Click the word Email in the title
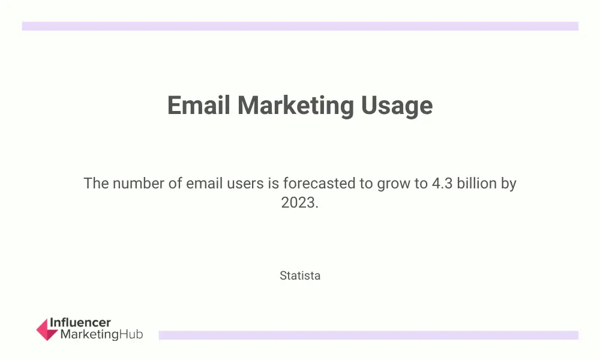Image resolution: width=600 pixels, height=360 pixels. point(199,105)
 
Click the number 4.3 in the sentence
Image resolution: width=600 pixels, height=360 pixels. point(442,183)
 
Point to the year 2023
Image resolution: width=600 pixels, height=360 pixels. point(299,202)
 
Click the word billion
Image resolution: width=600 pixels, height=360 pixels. point(477,183)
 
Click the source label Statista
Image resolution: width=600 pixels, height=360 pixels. point(300,275)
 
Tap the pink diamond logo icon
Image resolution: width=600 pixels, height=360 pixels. point(47,329)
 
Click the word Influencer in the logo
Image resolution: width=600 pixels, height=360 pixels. point(80,323)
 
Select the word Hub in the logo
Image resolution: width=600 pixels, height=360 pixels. point(131,334)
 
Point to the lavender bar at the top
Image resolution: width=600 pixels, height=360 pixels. point(300,26)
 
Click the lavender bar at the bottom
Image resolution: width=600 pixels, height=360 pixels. point(368,335)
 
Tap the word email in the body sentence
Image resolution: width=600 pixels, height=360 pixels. point(205,183)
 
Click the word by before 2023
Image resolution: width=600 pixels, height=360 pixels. point(509,184)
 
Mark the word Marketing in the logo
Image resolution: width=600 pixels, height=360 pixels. point(89,335)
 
